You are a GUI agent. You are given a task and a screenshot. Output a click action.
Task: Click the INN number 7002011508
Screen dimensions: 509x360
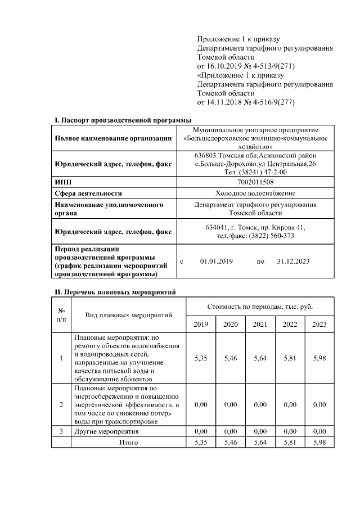[x=256, y=182]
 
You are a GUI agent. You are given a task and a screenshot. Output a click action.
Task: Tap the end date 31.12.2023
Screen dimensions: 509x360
[x=294, y=262]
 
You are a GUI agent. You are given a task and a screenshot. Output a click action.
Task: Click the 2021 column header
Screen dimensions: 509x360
[x=260, y=325]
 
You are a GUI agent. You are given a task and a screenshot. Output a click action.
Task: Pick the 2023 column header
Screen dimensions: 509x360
[x=319, y=325]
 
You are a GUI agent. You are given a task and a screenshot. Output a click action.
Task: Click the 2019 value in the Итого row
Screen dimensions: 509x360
[x=200, y=443]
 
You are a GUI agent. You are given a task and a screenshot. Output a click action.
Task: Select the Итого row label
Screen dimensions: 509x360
[x=128, y=443]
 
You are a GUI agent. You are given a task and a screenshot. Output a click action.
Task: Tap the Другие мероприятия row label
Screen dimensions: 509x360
[x=107, y=431]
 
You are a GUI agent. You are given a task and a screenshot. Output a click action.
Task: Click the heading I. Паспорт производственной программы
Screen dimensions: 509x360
[x=123, y=120]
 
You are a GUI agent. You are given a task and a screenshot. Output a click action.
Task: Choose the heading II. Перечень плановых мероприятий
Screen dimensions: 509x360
[x=115, y=292]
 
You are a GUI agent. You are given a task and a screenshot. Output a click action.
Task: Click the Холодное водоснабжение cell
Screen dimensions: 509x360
[x=256, y=193]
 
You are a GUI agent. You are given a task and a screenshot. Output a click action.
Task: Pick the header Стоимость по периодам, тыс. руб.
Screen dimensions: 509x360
[x=260, y=307]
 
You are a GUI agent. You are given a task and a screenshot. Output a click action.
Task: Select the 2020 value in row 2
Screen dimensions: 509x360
[x=230, y=404]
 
